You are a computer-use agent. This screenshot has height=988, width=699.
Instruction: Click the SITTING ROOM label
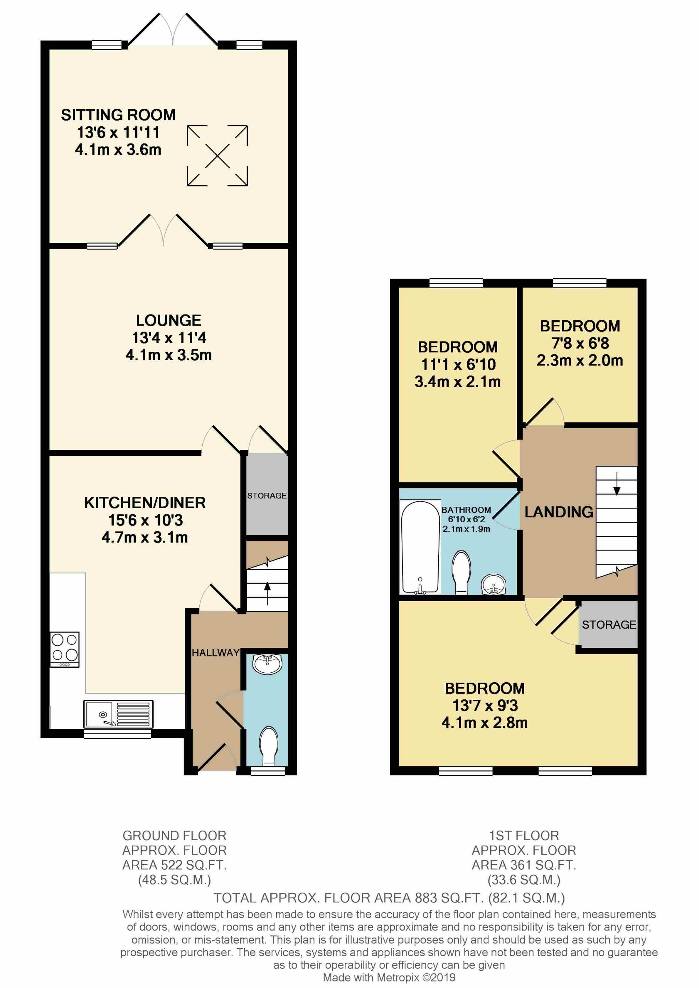pos(118,115)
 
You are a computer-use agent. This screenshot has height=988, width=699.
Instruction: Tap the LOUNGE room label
pos(168,320)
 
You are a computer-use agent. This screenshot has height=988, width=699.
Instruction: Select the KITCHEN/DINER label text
pos(145,503)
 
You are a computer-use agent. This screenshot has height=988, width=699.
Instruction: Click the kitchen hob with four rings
pos(65,649)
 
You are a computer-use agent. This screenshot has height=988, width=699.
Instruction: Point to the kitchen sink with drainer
pos(118,714)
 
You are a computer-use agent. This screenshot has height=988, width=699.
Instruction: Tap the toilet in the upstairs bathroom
pos(461,572)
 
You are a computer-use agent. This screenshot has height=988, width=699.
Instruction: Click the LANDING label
pos(559,512)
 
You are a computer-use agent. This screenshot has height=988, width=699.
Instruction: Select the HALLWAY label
pos(215,653)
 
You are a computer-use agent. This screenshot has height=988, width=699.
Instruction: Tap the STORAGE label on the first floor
pos(609,625)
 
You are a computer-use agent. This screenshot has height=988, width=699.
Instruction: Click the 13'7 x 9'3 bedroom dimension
pos(485,706)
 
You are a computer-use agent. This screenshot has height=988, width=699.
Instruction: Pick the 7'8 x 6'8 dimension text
pos(580,343)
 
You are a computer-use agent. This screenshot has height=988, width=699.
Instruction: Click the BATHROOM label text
pos(466,510)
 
